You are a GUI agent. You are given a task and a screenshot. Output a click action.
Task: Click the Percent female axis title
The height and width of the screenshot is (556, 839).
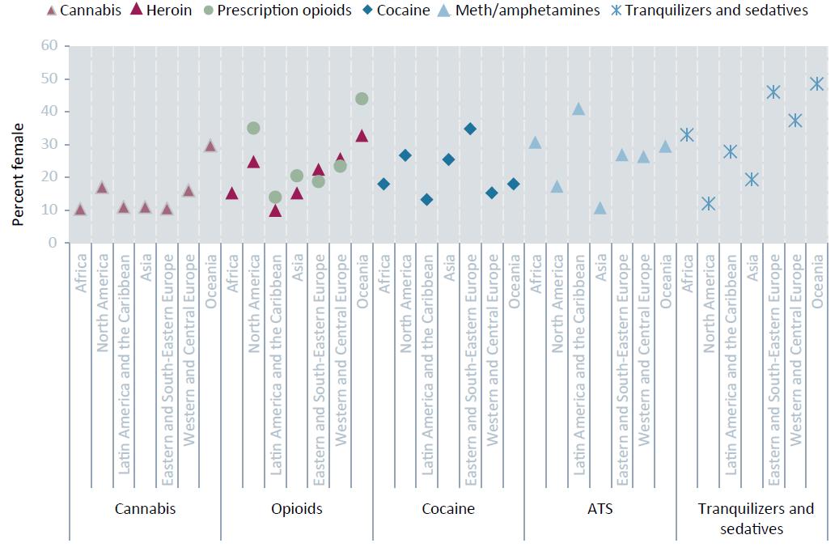[x=18, y=174]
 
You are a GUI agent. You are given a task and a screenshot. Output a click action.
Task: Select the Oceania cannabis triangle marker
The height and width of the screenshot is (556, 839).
[x=210, y=146]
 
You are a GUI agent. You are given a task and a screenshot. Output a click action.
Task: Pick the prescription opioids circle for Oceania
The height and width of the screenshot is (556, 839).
[x=362, y=99]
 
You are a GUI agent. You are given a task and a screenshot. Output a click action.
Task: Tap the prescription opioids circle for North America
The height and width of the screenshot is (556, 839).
[x=253, y=128]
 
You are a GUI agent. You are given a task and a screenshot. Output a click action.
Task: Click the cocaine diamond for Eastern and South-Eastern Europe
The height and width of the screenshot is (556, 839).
[x=470, y=129]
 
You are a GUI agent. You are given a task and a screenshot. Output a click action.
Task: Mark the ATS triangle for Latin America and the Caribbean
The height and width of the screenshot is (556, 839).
[x=578, y=108]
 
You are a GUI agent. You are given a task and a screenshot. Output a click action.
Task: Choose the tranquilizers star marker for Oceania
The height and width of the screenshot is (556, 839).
[x=816, y=83]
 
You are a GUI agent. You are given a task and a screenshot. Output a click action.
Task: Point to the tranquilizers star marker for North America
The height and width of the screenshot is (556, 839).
[x=709, y=204]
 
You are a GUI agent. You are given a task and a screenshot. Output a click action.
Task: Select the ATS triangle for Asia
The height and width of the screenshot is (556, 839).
[x=600, y=208]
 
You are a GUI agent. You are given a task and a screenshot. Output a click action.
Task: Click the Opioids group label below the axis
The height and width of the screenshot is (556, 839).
[x=296, y=509]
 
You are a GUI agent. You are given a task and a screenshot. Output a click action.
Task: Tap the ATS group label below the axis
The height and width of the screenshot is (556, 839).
[x=600, y=509]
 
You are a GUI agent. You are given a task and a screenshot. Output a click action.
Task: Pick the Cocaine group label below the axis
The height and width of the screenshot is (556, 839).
[x=448, y=509]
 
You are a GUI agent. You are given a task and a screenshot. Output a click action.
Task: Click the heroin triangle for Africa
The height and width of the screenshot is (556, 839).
[x=232, y=193]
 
